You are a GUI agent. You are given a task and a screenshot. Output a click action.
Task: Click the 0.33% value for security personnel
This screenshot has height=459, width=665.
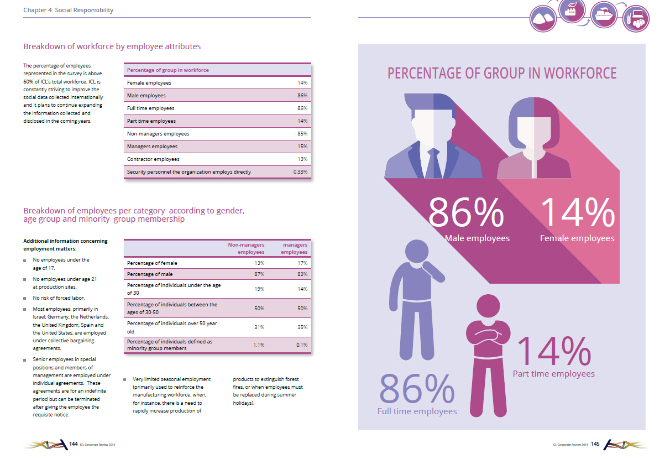[300, 172]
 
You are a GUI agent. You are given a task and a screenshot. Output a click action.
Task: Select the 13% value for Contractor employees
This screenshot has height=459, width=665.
[302, 159]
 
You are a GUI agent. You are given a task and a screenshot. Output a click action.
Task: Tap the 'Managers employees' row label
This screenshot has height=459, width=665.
[152, 146]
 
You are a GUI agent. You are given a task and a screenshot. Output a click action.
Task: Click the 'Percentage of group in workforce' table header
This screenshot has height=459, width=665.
[167, 70]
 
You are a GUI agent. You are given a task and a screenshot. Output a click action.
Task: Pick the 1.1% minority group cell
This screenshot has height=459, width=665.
[259, 345]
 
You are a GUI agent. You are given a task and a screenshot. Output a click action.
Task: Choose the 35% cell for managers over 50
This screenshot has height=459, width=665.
[302, 327]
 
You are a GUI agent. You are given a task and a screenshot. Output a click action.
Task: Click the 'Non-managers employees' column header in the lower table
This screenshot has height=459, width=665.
[246, 248]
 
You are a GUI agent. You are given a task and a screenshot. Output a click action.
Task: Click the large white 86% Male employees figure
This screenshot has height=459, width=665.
[466, 213]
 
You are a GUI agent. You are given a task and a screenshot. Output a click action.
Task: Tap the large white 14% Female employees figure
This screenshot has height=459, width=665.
[578, 213]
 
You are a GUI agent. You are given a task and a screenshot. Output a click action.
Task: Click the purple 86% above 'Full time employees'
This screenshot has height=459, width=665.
[417, 388]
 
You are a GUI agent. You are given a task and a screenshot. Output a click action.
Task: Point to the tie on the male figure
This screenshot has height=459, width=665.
[434, 163]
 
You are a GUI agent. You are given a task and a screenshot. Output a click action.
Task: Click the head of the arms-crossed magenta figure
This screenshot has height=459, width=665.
[488, 306]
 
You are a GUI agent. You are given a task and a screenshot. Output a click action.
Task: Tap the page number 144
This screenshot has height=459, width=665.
[74, 444]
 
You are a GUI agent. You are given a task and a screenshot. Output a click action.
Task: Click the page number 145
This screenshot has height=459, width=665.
[595, 444]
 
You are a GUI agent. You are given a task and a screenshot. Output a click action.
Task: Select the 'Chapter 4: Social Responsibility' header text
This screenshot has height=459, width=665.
[69, 10]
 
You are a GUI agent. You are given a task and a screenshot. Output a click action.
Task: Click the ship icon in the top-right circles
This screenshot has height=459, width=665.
[604, 15]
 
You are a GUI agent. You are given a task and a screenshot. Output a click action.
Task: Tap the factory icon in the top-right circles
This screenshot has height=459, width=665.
[572, 10]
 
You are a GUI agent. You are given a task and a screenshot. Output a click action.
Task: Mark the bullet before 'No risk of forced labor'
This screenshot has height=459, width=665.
[25, 298]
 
